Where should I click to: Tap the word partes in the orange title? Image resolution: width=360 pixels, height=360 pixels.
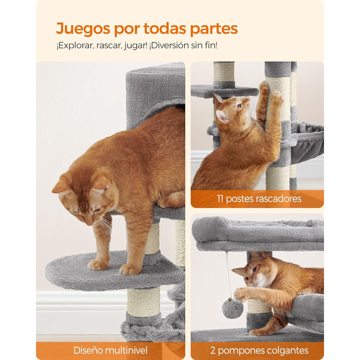(x=214, y=29)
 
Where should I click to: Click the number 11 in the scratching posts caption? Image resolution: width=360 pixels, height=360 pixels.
(x=221, y=199)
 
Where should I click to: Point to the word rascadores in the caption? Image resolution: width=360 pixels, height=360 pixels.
(x=279, y=199)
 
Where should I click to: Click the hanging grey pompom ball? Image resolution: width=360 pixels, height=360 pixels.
(x=232, y=309)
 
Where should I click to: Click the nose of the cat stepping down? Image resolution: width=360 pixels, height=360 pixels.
(x=88, y=223)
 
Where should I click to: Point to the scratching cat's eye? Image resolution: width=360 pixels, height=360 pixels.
(x=239, y=106)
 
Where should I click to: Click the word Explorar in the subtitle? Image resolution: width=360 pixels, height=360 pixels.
(x=75, y=46)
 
